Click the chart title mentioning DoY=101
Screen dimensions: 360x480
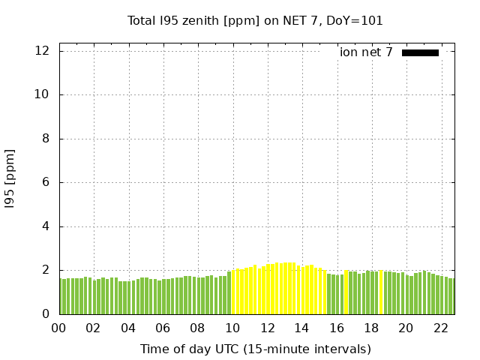[x=255, y=21]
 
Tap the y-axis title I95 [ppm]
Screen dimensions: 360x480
[x=10, y=178]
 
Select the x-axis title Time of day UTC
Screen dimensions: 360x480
[x=255, y=349]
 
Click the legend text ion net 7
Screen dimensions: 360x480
[x=366, y=52]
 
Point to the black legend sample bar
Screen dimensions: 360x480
[x=420, y=52]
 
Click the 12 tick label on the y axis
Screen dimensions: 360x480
[x=43, y=51]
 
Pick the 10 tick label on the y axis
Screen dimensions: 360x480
[x=43, y=94]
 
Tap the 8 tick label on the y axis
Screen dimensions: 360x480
[x=46, y=139]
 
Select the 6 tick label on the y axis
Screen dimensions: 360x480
[x=46, y=182]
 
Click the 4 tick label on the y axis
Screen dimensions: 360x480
[x=46, y=226]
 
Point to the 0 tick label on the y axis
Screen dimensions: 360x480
[x=46, y=314]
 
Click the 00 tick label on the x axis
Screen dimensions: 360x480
[x=58, y=328]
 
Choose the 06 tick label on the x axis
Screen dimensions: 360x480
[x=163, y=328]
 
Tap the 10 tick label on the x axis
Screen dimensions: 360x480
[x=232, y=328]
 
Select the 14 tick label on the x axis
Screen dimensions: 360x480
[x=301, y=328]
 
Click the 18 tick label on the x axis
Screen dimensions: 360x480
[x=371, y=328]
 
